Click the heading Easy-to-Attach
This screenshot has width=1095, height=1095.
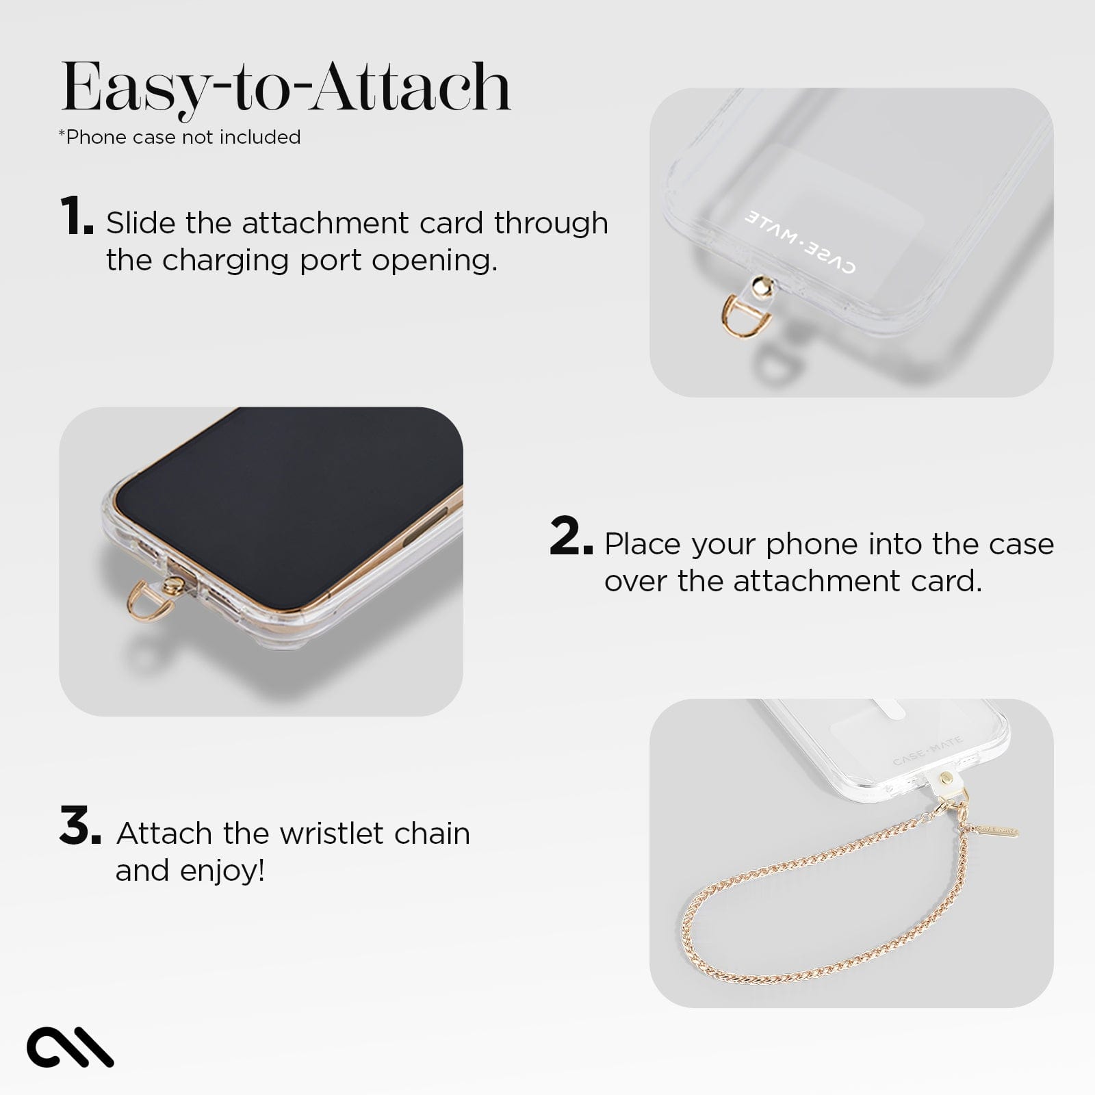point(285,88)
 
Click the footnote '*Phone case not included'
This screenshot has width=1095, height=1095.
point(179,137)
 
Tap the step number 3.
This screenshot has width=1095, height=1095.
point(79,827)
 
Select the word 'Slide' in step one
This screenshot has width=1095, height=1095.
point(140,223)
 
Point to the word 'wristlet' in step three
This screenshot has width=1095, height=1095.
point(329,834)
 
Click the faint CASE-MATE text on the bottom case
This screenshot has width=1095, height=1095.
point(927,751)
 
